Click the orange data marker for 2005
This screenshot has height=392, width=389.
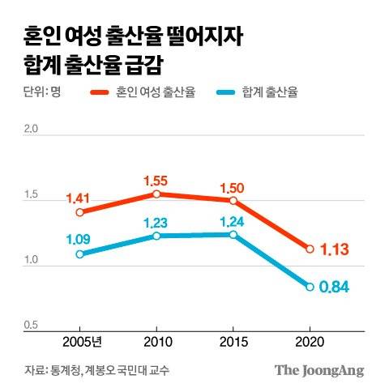coord(79,212)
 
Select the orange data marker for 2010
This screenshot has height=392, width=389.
coord(156,194)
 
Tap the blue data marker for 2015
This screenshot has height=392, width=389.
coord(233,234)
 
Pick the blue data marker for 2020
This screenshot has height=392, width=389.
coord(310,287)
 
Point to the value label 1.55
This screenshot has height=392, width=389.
coord(156,178)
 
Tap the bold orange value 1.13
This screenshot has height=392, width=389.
coord(335,249)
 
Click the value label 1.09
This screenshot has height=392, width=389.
coord(79,239)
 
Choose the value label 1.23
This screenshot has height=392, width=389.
coord(156,220)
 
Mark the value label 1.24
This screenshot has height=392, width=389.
coord(233,219)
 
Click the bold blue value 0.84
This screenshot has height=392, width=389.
coord(335,288)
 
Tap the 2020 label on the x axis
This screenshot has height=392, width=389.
coord(310,341)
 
